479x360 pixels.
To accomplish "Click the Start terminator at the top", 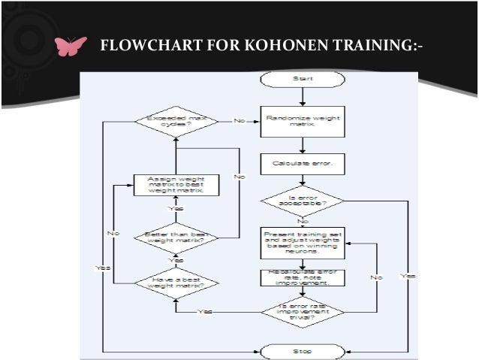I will pyautogui.click(x=302, y=78).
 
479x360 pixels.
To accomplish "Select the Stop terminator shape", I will pyautogui.click(x=302, y=350).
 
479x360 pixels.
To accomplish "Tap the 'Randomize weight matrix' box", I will pyautogui.click(x=302, y=121).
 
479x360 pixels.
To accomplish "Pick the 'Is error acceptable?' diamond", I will pyautogui.click(x=302, y=201).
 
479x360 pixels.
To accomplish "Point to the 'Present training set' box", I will pyautogui.click(x=302, y=244).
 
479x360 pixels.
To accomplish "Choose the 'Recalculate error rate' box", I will pyautogui.click(x=302, y=277).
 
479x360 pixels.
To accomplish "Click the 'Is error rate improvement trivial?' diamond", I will pyautogui.click(x=302, y=310).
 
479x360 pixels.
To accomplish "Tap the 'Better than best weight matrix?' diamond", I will pyautogui.click(x=175, y=239).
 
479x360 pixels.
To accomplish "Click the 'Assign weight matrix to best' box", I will pyautogui.click(x=175, y=185).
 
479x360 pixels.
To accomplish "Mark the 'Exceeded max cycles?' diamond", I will pyautogui.click(x=175, y=121).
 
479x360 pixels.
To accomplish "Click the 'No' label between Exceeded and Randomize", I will pyautogui.click(x=239, y=121).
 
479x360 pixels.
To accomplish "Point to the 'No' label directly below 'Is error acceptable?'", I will pyautogui.click(x=302, y=221).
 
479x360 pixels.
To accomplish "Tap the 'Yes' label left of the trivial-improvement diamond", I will pyautogui.click(x=203, y=311).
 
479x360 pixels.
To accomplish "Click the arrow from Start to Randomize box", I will pyautogui.click(x=302, y=96).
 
